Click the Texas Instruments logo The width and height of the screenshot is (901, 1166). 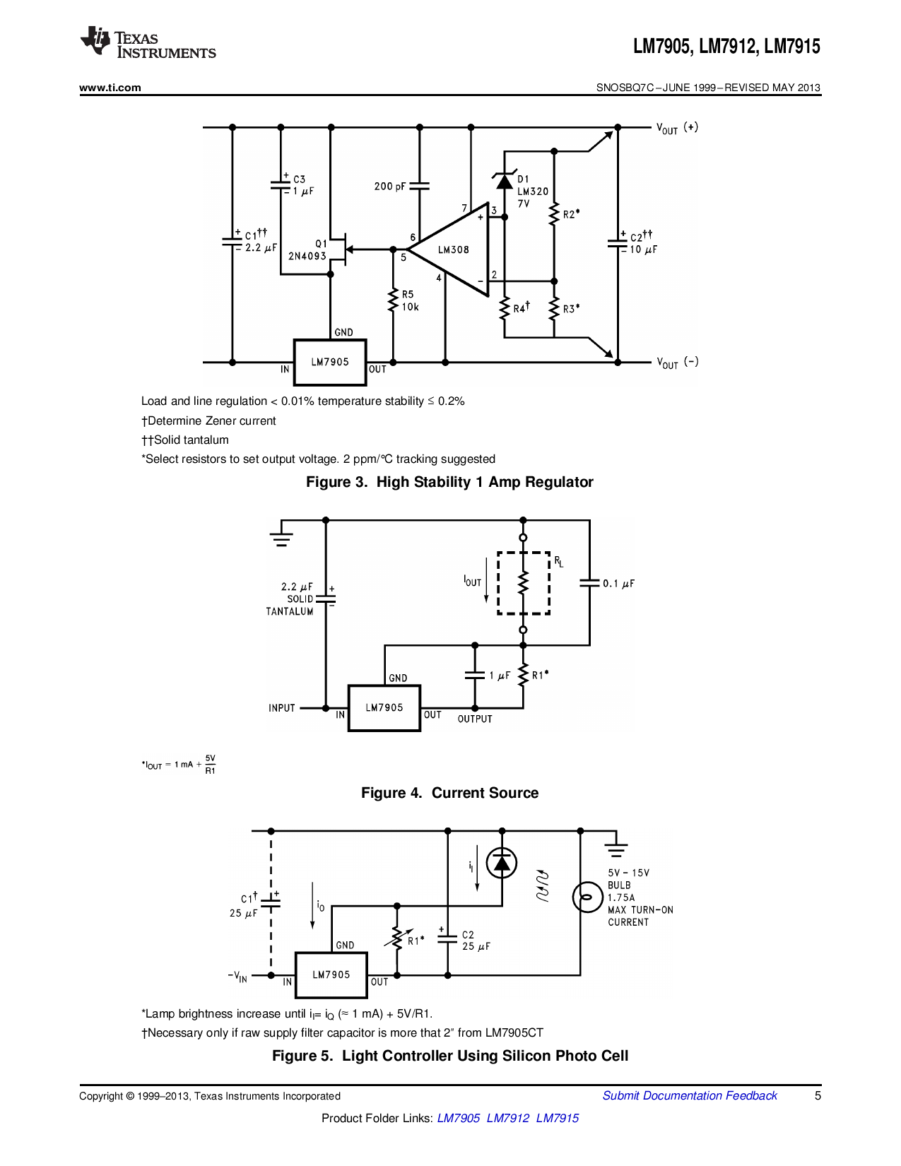[148, 43]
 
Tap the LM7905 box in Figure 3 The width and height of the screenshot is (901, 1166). [330, 363]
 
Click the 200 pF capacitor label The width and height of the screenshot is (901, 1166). [390, 187]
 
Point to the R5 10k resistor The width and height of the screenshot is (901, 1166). [394, 301]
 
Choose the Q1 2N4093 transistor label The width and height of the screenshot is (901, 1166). [309, 250]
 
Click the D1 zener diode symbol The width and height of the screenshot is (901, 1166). [504, 181]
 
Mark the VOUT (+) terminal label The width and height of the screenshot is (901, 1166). [676, 128]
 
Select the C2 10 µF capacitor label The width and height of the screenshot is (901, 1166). [642, 243]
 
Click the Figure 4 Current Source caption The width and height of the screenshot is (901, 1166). [449, 793]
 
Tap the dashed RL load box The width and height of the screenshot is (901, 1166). [524, 583]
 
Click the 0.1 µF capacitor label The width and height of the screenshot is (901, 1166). [618, 584]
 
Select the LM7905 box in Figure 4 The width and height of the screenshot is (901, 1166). [384, 707]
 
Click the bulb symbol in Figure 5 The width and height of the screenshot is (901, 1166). [587, 897]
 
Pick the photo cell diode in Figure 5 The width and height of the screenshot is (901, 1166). [502, 863]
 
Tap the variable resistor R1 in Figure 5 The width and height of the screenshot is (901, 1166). [397, 939]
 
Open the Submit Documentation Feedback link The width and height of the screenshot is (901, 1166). [689, 1095]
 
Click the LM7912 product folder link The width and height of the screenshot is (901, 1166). [507, 1118]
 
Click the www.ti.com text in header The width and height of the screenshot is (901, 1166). [110, 88]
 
